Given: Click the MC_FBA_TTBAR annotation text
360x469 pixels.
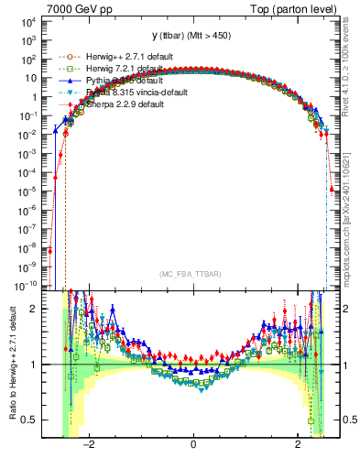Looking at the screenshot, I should [192, 274].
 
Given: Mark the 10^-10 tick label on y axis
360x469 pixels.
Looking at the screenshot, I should [25, 285].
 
